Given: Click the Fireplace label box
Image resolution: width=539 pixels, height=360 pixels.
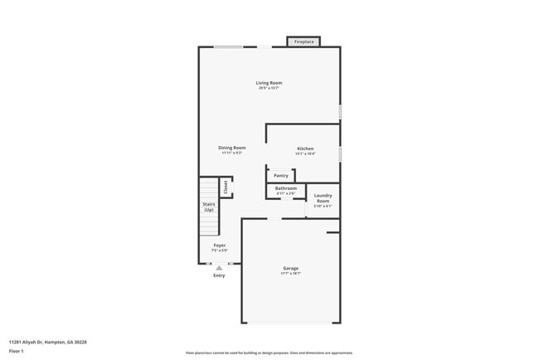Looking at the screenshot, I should (303, 41).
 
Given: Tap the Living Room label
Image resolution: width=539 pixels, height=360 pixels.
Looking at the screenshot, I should (269, 83).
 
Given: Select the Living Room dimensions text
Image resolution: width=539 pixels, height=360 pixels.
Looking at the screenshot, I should (269, 88).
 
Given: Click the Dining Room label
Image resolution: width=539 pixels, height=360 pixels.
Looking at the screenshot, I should (232, 148).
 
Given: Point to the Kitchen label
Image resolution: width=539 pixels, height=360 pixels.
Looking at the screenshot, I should (305, 148).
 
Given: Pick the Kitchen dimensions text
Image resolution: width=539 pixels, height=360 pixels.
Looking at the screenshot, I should (305, 153).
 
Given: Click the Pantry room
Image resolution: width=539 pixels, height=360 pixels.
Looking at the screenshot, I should (281, 175).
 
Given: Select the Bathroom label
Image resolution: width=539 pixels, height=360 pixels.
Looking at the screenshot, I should (286, 188).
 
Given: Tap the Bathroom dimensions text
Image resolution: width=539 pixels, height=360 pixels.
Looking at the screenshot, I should (286, 193).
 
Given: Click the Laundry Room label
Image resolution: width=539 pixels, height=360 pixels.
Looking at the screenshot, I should (323, 198).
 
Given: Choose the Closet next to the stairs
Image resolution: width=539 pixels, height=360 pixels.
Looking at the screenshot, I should (225, 187).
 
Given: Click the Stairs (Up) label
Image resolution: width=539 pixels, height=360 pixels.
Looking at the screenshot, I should (209, 207).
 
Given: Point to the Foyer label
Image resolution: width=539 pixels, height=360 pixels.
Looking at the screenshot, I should (220, 246).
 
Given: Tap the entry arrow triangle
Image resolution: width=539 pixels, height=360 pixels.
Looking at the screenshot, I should (219, 268).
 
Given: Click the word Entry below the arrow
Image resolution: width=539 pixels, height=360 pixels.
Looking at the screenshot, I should (219, 275).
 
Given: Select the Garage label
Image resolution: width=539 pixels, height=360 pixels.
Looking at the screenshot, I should (290, 268).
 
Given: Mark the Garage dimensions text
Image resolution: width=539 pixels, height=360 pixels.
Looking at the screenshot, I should (290, 273).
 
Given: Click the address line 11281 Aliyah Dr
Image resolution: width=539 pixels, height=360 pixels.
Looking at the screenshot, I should (47, 341).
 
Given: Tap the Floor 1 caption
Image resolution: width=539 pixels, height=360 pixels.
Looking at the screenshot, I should (17, 351).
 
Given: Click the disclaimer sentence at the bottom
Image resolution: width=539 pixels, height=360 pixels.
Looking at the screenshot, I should (269, 352).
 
